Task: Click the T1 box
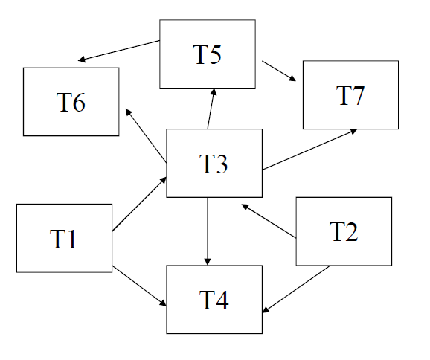coord(64,238)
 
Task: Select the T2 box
coord(344,231)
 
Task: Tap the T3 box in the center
coord(214,163)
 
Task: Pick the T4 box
coord(214,300)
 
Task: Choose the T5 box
coord(208,54)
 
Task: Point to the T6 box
coord(71,102)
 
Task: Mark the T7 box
coord(350,95)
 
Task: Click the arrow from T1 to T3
coord(139,204)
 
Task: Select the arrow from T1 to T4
coord(139,286)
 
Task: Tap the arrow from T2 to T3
coord(269,221)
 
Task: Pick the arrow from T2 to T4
coord(296,289)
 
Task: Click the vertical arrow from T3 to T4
coord(208,231)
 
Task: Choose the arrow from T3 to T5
coord(211,109)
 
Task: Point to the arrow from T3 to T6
coord(146,135)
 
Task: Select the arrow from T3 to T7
coord(309,150)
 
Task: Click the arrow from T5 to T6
coord(119,51)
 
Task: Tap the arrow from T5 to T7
coord(279,71)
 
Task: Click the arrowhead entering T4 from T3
coord(208,262)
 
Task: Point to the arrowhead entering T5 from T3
coord(214,91)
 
